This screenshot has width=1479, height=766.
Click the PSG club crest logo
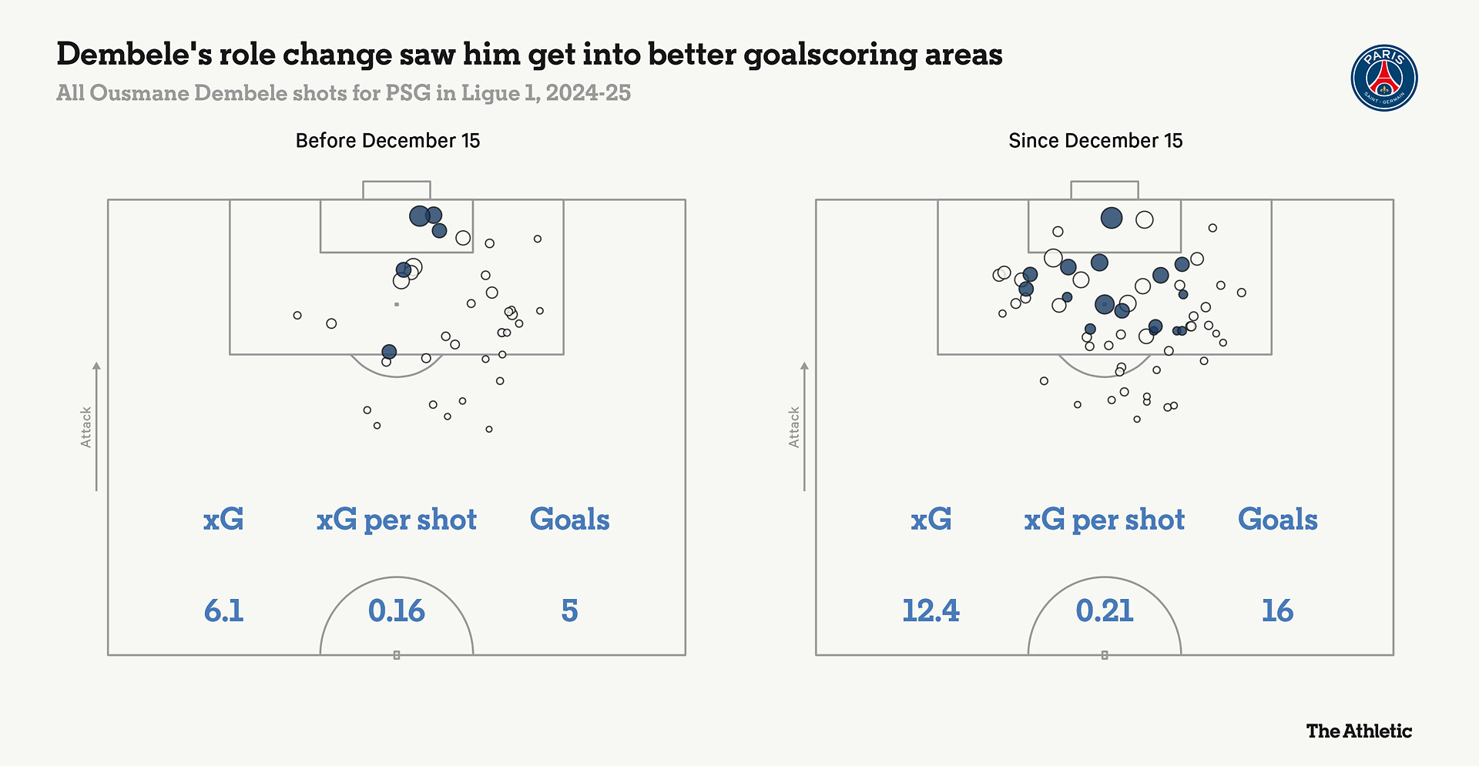coord(1384,78)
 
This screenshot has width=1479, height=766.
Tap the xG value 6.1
coord(223,610)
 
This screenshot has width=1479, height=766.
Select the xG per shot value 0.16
coord(396,610)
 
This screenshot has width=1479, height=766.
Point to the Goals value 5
coord(569,610)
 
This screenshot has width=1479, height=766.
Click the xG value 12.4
coord(931,610)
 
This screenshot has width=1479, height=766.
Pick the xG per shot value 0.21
coord(1104,610)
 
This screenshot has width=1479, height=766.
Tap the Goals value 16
coord(1277,610)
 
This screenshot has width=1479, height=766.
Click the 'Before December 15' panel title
coord(387,141)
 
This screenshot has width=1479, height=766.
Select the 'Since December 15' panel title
coord(1095,141)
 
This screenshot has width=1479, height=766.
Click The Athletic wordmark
coord(1359,731)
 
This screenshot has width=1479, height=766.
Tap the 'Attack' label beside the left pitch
coord(86,427)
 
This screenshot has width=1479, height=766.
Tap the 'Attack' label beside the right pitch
coord(794,427)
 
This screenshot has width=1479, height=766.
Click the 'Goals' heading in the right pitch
coord(1277,520)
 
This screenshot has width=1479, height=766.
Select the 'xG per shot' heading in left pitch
coord(396,520)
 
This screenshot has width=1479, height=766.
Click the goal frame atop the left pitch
coord(396,190)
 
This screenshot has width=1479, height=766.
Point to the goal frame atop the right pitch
coord(1104,190)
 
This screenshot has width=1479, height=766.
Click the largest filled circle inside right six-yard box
coord(1111,218)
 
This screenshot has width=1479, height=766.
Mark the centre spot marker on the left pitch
coord(396,655)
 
